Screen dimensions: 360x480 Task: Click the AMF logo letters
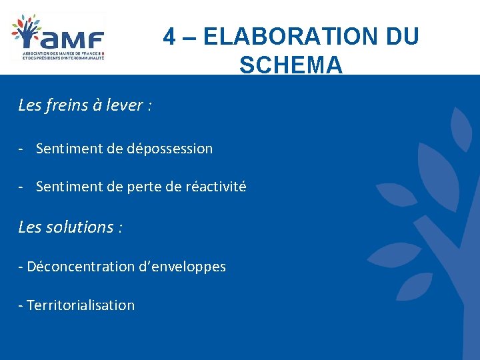[77, 38]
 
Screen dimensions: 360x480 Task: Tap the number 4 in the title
[170, 37]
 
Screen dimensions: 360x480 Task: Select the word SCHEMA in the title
[291, 65]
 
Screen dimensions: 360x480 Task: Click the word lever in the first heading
[124, 105]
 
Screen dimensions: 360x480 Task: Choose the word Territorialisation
[81, 305]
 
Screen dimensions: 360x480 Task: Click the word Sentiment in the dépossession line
[69, 149]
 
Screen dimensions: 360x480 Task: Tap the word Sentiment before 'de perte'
[69, 187]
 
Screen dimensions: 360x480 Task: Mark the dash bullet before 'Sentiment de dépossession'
[22, 149]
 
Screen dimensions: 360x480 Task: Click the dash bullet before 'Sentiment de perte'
[22, 187]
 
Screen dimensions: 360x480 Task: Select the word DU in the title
[402, 37]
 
